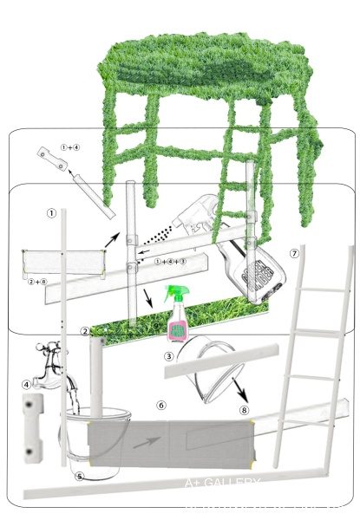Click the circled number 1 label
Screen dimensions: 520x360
click(52, 211)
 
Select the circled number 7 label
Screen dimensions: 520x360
click(295, 253)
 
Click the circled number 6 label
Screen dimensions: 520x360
click(160, 404)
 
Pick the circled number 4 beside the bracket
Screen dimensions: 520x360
click(26, 384)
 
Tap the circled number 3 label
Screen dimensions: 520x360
click(169, 355)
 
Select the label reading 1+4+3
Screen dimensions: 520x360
click(170, 260)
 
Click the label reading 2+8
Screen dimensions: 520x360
click(36, 281)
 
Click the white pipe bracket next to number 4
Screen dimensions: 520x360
click(34, 426)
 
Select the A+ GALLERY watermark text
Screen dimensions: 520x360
click(222, 483)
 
